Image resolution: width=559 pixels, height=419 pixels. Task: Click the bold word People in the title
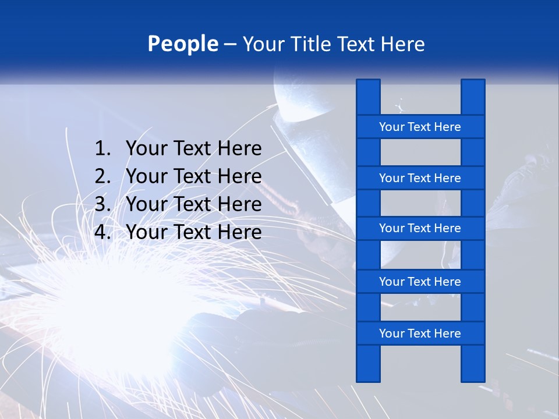click(x=183, y=44)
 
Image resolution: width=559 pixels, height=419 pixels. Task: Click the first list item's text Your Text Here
click(x=193, y=149)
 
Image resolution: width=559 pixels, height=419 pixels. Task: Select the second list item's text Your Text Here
click(x=193, y=176)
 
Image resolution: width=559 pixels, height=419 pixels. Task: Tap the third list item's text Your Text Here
click(x=193, y=204)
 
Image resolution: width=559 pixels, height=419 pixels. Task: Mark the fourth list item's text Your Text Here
click(x=193, y=232)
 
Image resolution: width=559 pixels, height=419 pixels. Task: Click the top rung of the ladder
click(x=420, y=127)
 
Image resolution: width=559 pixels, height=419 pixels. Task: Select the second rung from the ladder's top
click(x=420, y=178)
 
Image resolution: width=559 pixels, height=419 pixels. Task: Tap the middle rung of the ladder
click(x=420, y=228)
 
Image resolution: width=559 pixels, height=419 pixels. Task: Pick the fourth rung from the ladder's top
click(x=420, y=282)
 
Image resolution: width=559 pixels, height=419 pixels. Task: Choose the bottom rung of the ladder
click(x=420, y=333)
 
